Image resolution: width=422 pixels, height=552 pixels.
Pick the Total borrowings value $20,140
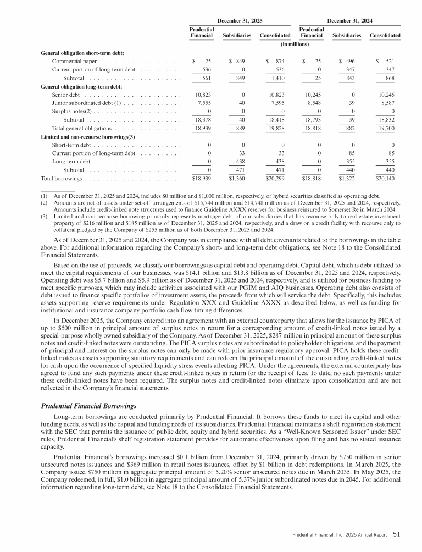point(385,179)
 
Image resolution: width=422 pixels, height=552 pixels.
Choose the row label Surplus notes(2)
point(71,111)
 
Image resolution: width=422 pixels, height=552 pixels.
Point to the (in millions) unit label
point(295,44)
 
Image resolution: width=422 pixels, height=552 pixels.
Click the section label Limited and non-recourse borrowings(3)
point(88,136)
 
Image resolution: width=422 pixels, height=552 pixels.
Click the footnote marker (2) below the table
point(45,202)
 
